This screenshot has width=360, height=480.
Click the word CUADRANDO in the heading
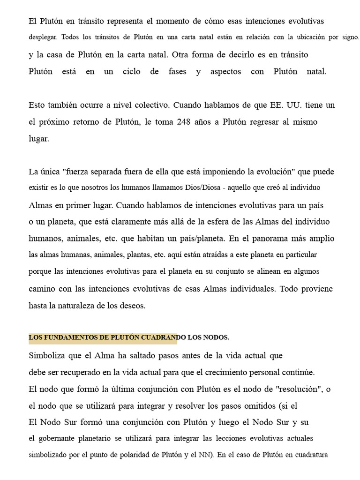point(159,337)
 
